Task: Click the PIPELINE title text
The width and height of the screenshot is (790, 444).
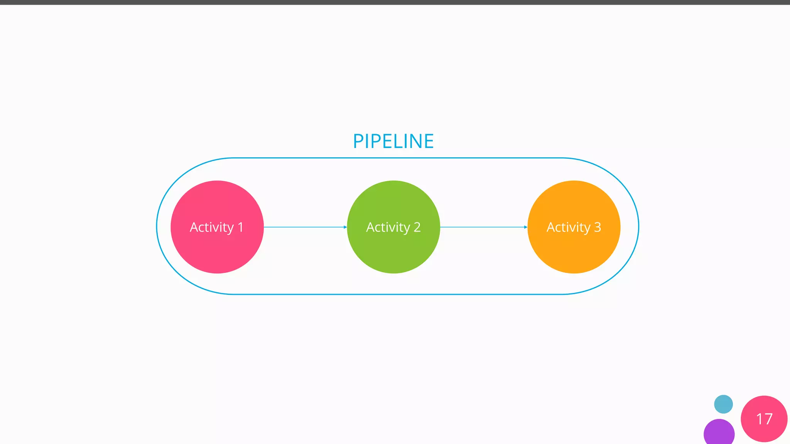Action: (x=393, y=141)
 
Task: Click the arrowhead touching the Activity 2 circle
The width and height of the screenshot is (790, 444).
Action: (x=345, y=227)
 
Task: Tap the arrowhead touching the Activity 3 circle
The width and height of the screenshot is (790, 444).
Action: (x=525, y=227)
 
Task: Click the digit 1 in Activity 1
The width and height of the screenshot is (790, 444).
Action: (x=241, y=227)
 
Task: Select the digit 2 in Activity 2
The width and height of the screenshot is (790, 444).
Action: (x=417, y=227)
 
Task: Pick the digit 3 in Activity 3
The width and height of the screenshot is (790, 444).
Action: (x=598, y=227)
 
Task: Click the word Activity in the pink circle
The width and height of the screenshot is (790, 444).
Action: (x=212, y=227)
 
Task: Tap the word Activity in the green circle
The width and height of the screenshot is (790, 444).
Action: (x=388, y=227)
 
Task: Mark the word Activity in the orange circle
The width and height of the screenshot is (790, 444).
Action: (x=569, y=227)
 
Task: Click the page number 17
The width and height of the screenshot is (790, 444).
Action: (x=764, y=419)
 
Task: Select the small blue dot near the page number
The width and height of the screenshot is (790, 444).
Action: (x=723, y=404)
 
